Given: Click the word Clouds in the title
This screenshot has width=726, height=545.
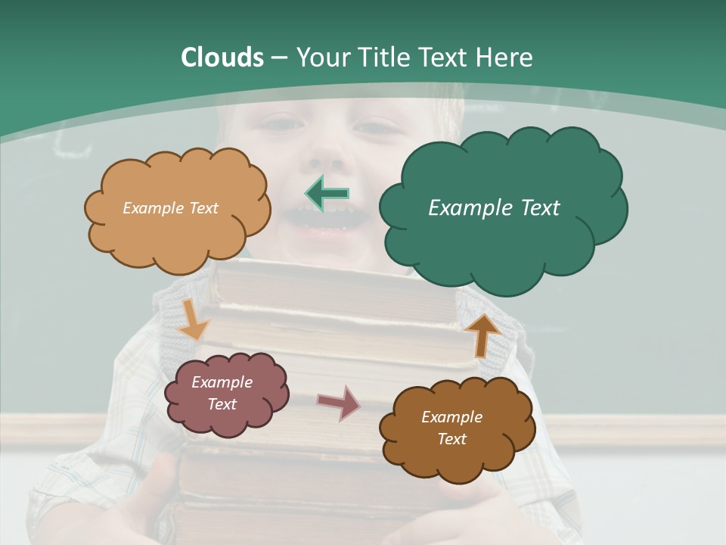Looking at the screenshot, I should coord(222,58).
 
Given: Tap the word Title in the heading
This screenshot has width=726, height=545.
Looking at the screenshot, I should coord(381,58).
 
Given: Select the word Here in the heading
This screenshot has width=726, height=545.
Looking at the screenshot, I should coord(504,58).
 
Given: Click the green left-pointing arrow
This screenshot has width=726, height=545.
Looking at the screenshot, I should coord(327,193).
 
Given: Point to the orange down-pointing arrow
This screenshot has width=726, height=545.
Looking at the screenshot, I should coord(194,319).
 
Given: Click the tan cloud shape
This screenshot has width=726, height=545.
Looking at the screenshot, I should coord(178,227).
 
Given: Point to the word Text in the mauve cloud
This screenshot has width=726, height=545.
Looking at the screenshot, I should coord(222,404).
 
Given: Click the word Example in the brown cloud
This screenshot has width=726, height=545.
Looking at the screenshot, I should coord(451,417).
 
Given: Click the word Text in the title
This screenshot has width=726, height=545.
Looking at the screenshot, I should coord(445,58).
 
